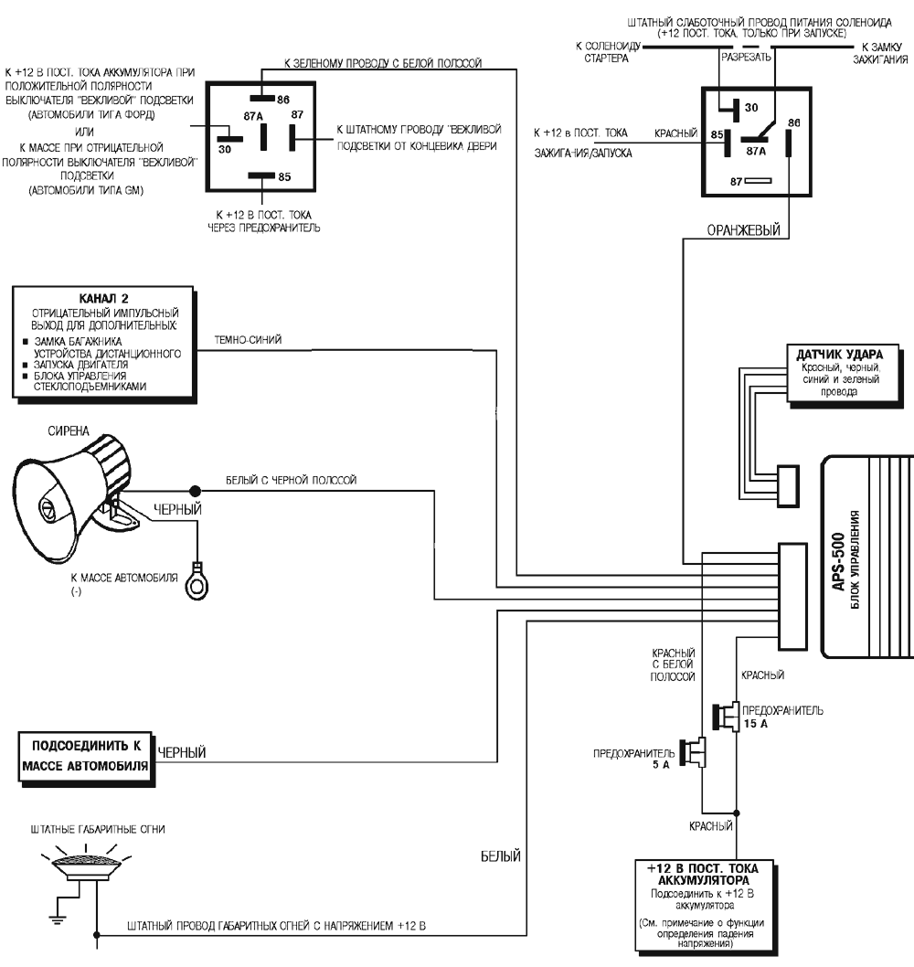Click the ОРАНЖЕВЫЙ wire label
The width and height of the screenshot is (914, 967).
coord(743,231)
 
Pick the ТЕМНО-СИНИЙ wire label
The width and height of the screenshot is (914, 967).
coord(248,340)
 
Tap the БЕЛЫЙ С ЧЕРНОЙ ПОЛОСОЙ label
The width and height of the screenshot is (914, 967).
coord(292,480)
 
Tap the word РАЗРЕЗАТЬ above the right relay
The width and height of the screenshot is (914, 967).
coord(747,57)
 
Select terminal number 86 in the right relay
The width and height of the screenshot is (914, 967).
coord(793,122)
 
